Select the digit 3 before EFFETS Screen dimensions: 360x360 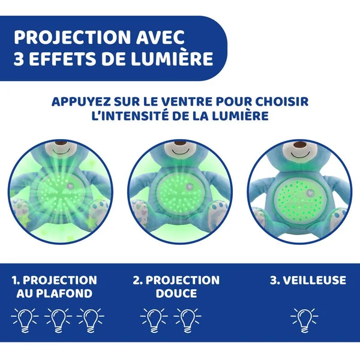(x=19, y=59)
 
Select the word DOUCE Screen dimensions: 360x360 (x=176, y=293)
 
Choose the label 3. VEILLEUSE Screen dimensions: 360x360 (x=308, y=280)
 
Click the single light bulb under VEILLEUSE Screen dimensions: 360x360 (x=304, y=320)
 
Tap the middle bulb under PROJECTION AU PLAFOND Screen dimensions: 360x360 (x=58, y=320)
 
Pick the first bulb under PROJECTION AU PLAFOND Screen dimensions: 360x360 (x=25, y=320)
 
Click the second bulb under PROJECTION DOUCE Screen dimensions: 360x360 (x=187, y=320)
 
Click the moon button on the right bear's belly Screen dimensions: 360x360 (x=310, y=193)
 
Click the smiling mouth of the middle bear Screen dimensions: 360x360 (x=180, y=152)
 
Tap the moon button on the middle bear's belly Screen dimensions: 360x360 (x=190, y=187)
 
